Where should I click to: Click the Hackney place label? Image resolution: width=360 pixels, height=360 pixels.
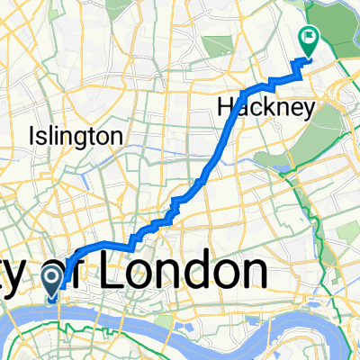[x=268, y=108]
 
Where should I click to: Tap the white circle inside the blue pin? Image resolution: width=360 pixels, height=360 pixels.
[x=52, y=274]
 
